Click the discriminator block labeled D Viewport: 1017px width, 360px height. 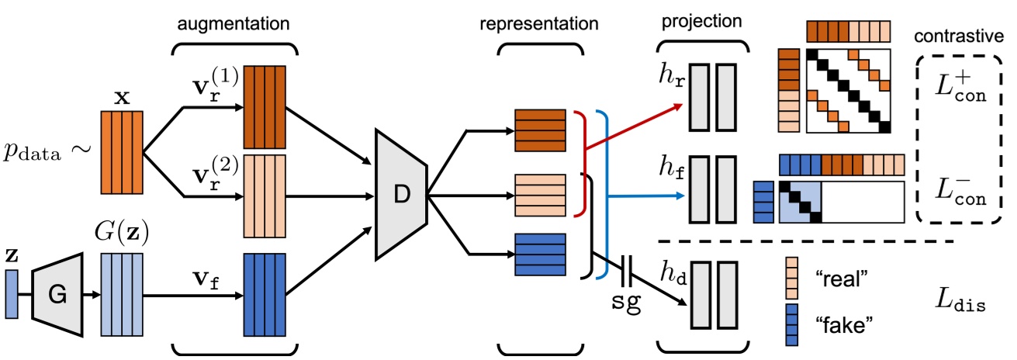tap(400, 195)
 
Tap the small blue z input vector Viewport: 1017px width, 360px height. tap(11, 294)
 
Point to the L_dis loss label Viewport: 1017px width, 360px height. tap(960, 306)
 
